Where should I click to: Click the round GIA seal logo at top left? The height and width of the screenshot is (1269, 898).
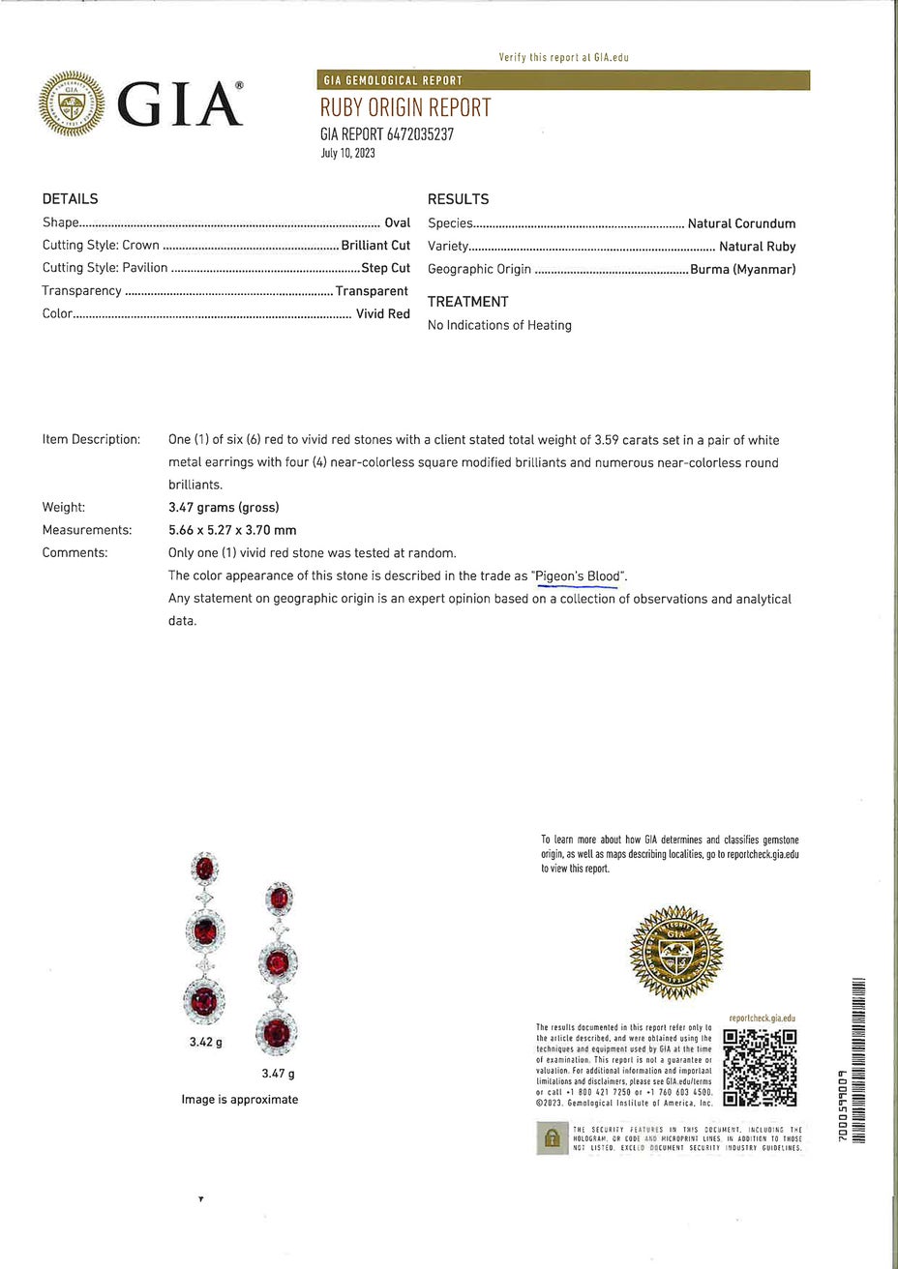[x=71, y=103]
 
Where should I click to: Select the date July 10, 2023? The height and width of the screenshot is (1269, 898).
[x=347, y=153]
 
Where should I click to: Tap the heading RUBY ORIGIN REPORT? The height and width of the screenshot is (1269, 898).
[x=405, y=107]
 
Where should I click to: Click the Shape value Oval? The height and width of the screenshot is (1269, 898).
[x=398, y=222]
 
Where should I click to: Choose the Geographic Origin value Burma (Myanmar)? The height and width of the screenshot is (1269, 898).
[x=742, y=270]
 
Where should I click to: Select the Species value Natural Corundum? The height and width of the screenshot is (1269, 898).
[x=741, y=223]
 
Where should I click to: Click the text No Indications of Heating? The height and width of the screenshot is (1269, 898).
[x=499, y=325]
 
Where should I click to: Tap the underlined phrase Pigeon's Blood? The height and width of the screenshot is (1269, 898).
[x=578, y=576]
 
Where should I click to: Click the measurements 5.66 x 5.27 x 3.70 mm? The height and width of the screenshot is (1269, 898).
[x=232, y=530]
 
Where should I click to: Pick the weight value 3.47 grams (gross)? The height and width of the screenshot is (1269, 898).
[x=224, y=507]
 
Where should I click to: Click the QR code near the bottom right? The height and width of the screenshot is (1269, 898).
[x=760, y=1068]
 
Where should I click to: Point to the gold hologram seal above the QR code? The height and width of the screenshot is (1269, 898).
[x=676, y=953]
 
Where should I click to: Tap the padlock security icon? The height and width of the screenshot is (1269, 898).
[x=552, y=1136]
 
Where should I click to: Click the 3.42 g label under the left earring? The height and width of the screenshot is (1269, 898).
[x=206, y=1043]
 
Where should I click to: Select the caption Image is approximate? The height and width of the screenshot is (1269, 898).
[x=239, y=1100]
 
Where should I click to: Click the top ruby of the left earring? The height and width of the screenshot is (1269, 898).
[x=204, y=869]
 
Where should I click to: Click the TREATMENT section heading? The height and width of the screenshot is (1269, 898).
[x=467, y=302]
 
